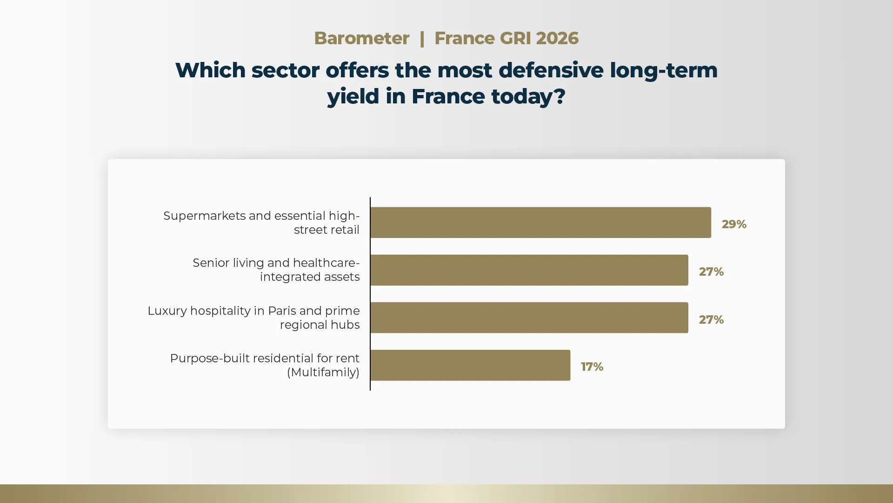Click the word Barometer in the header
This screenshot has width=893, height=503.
point(361,38)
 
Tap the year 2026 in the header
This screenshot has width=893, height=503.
point(557,38)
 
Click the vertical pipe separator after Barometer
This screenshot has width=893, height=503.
point(422,38)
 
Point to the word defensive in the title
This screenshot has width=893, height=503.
point(551,70)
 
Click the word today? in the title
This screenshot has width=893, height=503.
point(528,96)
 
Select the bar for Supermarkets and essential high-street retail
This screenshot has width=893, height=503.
point(541,223)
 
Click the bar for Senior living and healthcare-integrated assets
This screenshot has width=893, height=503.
point(529,270)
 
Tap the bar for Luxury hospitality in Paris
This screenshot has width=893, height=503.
point(529,318)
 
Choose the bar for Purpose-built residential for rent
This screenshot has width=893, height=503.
point(470,365)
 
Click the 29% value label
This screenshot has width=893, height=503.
point(734,224)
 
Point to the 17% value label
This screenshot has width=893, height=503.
point(592,367)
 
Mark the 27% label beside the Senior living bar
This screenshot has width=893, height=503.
point(711,272)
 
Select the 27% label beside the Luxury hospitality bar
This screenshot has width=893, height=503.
point(711,319)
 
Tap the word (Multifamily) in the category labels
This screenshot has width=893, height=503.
point(323,372)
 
